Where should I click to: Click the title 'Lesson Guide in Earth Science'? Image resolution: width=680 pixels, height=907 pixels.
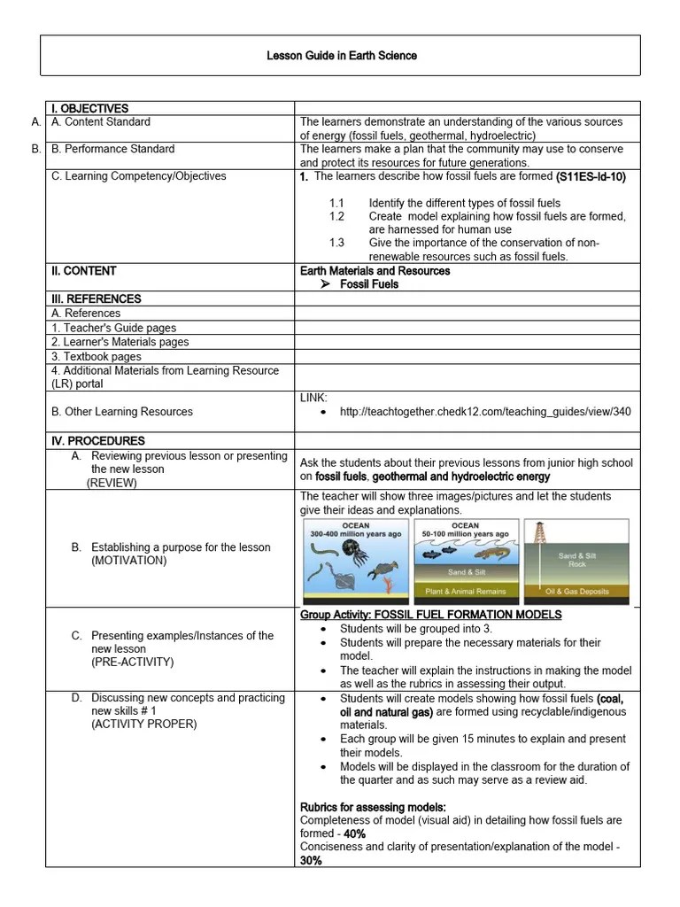(341, 56)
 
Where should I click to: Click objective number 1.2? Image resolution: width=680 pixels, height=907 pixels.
(336, 216)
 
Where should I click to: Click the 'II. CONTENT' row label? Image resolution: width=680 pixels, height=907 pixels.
(84, 271)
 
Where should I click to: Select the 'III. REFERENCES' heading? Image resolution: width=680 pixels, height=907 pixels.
(97, 299)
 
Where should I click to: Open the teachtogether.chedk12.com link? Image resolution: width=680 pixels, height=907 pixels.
(485, 412)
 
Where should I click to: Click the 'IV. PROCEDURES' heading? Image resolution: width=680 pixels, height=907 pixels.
(98, 441)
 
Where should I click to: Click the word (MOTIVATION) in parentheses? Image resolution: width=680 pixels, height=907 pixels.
(128, 561)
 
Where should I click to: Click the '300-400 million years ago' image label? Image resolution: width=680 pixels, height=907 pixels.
(355, 534)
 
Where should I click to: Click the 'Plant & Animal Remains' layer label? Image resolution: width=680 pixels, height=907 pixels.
(466, 591)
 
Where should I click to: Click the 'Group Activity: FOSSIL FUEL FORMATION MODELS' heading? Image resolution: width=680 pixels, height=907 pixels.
(431, 615)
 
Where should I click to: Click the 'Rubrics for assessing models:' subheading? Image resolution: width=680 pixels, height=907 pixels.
(373, 807)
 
